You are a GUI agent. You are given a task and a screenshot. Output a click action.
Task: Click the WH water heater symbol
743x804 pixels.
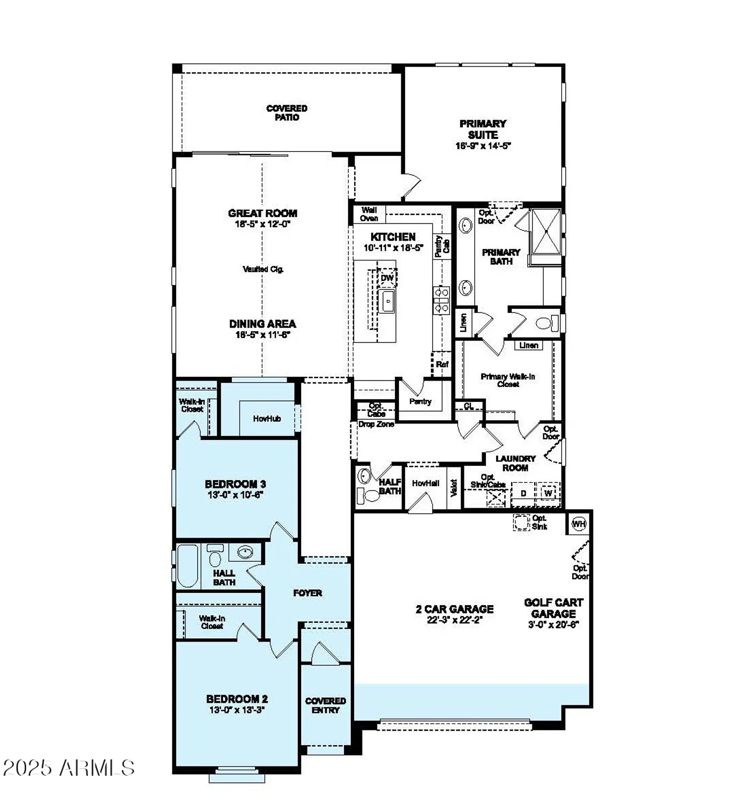pos(579,524)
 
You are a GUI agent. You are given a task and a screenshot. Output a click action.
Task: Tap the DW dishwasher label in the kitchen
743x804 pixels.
pos(387,278)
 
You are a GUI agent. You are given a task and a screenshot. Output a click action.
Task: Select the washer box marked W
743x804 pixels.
pos(548,493)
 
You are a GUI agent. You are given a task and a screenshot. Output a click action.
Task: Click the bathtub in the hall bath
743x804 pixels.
pos(187,566)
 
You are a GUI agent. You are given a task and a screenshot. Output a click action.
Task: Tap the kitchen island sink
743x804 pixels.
pos(387,301)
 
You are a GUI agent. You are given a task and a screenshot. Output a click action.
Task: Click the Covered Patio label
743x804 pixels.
pos(287,113)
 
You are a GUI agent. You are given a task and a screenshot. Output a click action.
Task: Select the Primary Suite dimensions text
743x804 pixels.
pos(483,145)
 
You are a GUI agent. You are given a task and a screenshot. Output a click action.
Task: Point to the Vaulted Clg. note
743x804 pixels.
pos(263,269)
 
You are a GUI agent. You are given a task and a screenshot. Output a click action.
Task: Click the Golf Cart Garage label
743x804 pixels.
pos(553,608)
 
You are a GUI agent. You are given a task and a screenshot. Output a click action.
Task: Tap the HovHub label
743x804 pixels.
pos(267,419)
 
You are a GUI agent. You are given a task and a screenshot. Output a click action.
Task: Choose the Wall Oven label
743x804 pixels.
pos(369,214)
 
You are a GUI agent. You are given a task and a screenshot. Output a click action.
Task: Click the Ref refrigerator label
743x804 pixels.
pos(442,364)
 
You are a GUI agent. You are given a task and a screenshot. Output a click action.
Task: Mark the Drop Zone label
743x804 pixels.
pos(376,424)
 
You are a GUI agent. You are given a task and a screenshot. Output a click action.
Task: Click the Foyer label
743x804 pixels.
pos(307,593)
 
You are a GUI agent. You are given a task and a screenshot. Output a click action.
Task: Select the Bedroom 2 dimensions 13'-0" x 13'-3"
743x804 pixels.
pos(237,710)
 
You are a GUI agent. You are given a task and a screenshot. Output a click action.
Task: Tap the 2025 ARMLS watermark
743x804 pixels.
pos(69,768)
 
